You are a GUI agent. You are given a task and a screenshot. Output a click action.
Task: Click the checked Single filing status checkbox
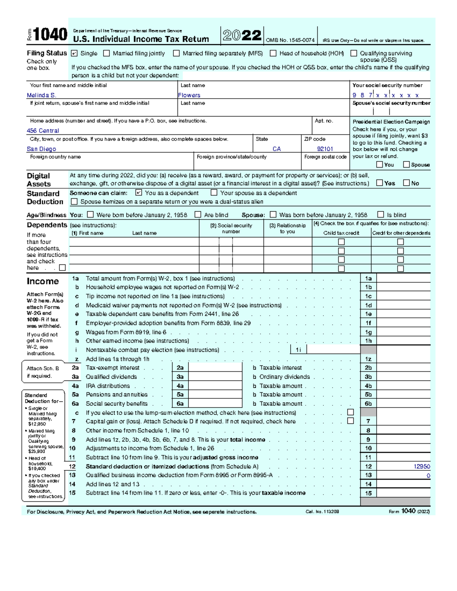tap(74, 54)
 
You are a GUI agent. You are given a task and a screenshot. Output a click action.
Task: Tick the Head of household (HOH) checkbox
tap(273, 54)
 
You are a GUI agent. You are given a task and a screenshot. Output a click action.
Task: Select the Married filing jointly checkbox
tap(107, 54)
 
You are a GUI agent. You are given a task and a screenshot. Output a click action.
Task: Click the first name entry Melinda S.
tap(42, 95)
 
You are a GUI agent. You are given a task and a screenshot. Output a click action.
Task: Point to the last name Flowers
tap(189, 95)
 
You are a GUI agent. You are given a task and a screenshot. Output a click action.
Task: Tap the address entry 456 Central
tap(43, 131)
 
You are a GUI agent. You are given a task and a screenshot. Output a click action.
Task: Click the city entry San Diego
tap(42, 149)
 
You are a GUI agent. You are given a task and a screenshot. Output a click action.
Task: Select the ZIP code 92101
tap(325, 149)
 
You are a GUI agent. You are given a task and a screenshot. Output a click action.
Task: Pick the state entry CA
tap(276, 149)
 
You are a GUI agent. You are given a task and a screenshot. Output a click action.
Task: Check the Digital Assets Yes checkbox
tap(379, 183)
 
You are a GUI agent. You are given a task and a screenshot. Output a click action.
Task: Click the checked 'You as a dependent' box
tap(139, 193)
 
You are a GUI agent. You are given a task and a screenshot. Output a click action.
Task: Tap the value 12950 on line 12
tap(422, 466)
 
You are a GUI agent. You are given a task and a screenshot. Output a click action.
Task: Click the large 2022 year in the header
tap(242, 36)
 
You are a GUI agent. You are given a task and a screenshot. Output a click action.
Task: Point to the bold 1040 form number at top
tap(50, 35)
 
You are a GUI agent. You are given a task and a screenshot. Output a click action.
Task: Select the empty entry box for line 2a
tap(215, 368)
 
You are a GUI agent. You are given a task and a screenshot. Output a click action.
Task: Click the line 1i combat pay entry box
tap(333, 350)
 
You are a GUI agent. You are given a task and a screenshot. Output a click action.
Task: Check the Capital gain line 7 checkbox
tap(350, 421)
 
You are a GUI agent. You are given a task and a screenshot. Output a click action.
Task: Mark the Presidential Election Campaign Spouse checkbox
tap(406, 164)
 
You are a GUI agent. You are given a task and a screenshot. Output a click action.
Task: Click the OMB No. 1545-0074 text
tap(290, 40)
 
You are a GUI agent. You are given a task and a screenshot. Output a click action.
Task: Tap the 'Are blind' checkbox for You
tap(198, 215)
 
